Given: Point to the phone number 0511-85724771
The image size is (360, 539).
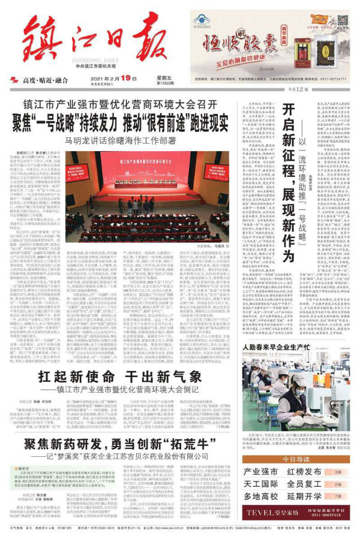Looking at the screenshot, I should coord(329,78).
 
